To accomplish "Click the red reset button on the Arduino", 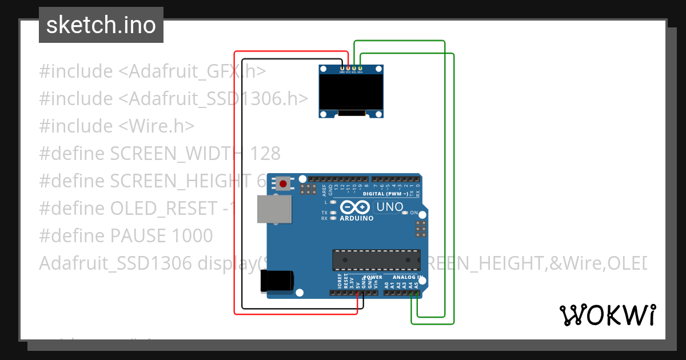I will coord(283,184).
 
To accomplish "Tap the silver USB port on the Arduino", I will coord(273,209).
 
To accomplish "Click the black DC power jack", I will coord(277,281).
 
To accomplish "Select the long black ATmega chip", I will coord(377,259).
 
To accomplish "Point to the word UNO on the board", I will coord(389,206).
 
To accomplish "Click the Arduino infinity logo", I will coord(356,207).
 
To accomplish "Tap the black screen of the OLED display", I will coord(351,93).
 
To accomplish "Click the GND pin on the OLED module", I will coord(342,68).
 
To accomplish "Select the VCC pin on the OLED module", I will coord(348,68).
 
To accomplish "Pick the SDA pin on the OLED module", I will coord(360,68).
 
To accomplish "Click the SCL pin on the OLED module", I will coord(354,68).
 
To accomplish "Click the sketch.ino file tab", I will coord(101,25).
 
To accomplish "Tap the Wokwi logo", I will coord(607,315).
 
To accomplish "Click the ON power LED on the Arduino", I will coord(405,213).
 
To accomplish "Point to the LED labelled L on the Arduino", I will coord(333,202).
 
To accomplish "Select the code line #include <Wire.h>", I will coord(117,126).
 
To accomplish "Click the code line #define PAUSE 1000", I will coord(126,235).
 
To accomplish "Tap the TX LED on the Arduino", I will coord(333,213).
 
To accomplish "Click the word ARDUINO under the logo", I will coord(356,218).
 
